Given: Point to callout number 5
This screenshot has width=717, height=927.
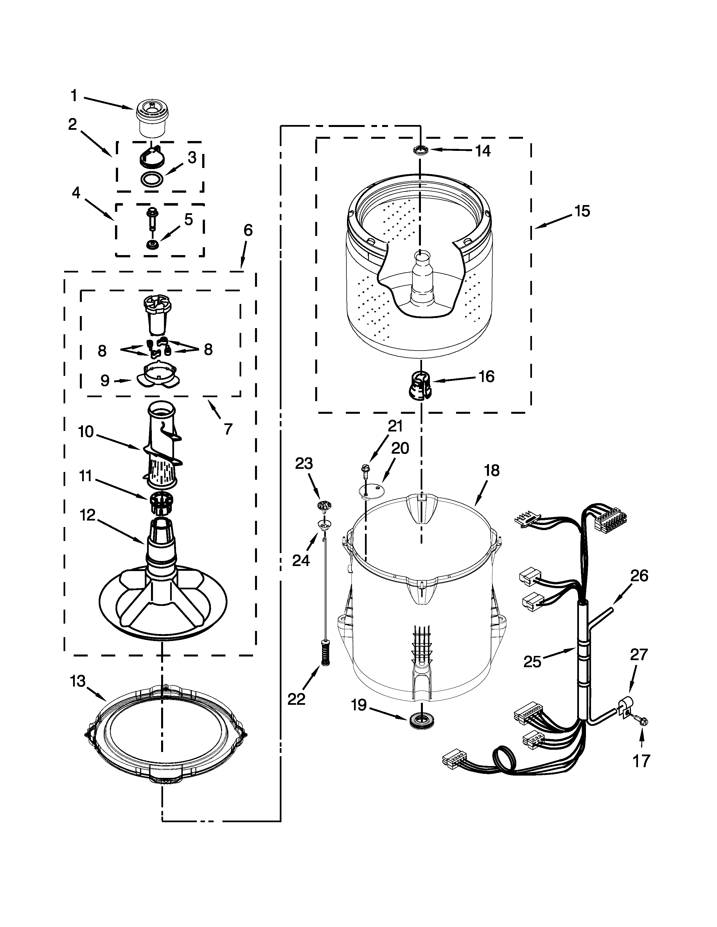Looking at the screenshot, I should pos(188,219).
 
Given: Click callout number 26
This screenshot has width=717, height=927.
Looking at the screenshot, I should pos(639,576).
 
